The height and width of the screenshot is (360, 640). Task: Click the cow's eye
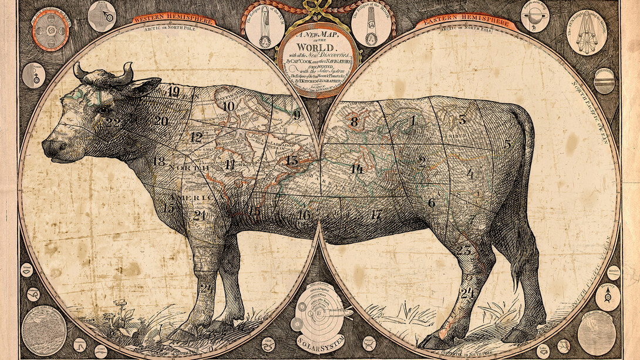(103, 109)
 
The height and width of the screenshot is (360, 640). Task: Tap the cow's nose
(49, 147)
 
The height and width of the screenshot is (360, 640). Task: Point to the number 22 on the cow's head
(113, 123)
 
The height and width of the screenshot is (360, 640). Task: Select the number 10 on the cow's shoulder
(228, 106)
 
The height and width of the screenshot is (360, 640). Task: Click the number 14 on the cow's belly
(356, 169)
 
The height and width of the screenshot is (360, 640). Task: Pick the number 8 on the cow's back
(353, 122)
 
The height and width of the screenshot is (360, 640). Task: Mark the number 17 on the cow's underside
(376, 215)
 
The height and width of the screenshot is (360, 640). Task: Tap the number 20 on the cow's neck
(161, 121)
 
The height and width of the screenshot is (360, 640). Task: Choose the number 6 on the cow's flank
(432, 203)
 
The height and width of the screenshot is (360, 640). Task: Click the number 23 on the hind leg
(464, 251)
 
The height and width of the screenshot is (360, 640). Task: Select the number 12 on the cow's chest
(196, 138)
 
